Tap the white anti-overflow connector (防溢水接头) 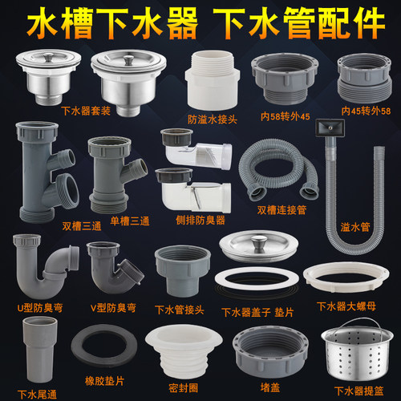(213, 84)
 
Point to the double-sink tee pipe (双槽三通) (43, 172)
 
